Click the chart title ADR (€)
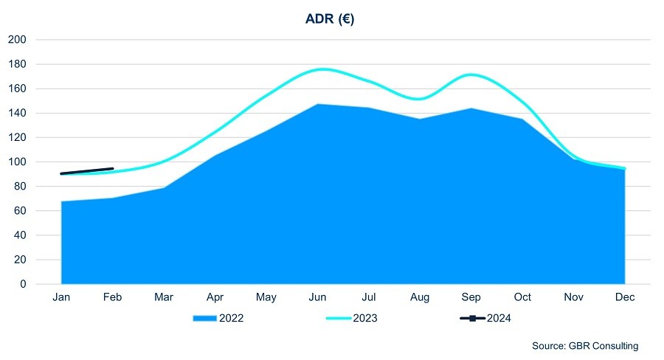click(x=330, y=19)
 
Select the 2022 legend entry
click(x=218, y=319)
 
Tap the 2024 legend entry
click(x=485, y=319)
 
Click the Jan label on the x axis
click(x=61, y=297)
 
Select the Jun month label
click(x=318, y=297)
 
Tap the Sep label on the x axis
click(x=471, y=297)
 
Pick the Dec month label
click(x=626, y=297)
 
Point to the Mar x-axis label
click(x=164, y=297)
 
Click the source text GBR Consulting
click(x=585, y=345)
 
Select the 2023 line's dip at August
click(x=421, y=99)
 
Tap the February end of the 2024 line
click(x=112, y=169)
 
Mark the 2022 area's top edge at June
click(x=318, y=104)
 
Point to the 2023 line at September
click(x=471, y=75)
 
